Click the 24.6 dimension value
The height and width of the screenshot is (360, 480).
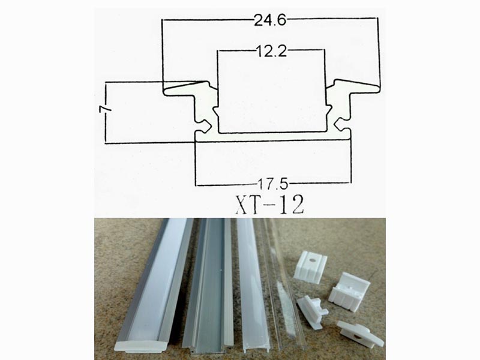pyautogui.click(x=270, y=21)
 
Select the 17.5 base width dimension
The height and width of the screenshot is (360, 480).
pyautogui.click(x=272, y=181)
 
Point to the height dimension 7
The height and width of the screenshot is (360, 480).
pyautogui.click(x=106, y=111)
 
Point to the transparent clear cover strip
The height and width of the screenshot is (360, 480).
pyautogui.click(x=282, y=282)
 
